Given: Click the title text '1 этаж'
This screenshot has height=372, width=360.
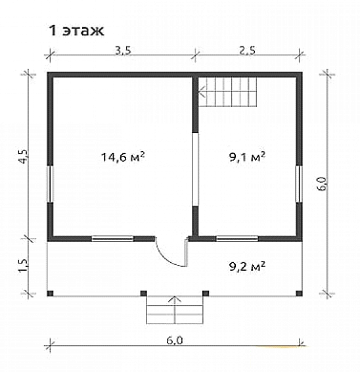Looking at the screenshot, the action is pyautogui.click(x=76, y=31).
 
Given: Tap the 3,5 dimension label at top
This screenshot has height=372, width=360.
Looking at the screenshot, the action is pyautogui.click(x=123, y=51).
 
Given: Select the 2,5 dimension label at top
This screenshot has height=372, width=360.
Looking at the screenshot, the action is pyautogui.click(x=248, y=51).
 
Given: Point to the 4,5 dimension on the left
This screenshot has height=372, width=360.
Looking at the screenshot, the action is pyautogui.click(x=24, y=156).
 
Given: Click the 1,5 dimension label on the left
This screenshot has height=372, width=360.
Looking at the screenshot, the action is pyautogui.click(x=24, y=266).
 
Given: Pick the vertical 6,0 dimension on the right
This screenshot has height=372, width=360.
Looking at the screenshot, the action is pyautogui.click(x=323, y=184).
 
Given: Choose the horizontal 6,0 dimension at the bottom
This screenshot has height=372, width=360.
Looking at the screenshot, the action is pyautogui.click(x=175, y=340).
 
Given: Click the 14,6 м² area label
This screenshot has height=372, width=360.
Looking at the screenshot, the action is pyautogui.click(x=123, y=157).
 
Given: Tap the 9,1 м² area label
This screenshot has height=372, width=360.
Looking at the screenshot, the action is pyautogui.click(x=247, y=157).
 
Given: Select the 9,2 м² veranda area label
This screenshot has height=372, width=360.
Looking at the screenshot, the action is pyautogui.click(x=247, y=267).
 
